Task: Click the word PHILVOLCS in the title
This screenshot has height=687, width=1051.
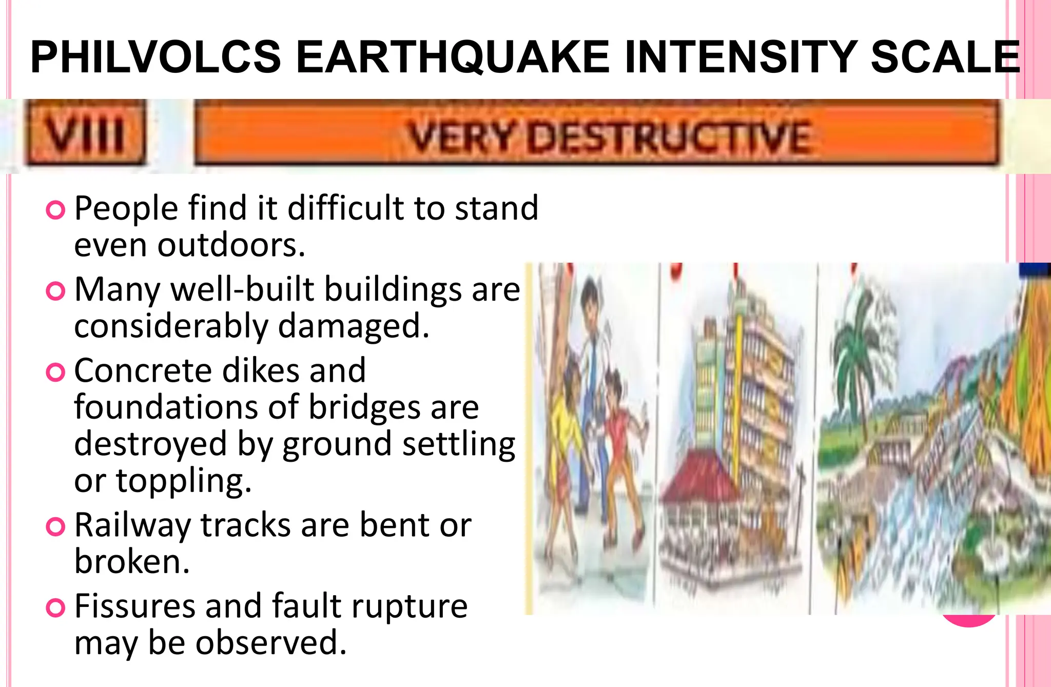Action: [155, 57]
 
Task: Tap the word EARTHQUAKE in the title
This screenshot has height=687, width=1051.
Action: [453, 57]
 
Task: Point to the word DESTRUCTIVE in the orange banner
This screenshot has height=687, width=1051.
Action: [670, 137]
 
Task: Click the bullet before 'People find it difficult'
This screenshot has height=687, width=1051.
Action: [55, 210]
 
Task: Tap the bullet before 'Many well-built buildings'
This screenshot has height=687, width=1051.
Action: [55, 291]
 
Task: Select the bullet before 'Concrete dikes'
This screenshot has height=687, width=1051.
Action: [55, 372]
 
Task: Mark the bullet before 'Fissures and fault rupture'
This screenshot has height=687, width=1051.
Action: [55, 608]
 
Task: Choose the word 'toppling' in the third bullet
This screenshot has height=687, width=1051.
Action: [184, 481]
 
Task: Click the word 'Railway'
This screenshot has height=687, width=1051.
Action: [132, 526]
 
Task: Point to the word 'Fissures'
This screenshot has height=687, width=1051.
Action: [134, 606]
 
